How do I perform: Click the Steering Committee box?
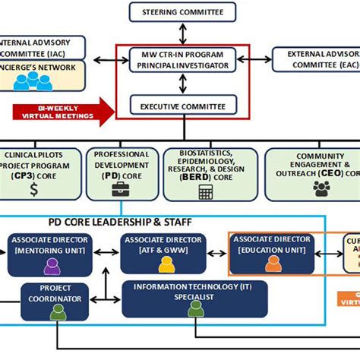coord(181,12)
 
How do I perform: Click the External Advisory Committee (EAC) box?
coord(316,59)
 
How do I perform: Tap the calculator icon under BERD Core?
coord(205,191)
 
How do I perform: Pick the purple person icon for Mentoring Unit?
coord(52,266)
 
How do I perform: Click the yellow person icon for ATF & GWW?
coord(165,265)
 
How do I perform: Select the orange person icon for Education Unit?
coord(273,264)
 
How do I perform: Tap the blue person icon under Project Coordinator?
coord(55,310)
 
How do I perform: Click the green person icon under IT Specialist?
coord(196,308)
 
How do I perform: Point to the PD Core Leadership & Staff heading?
coord(111,222)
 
